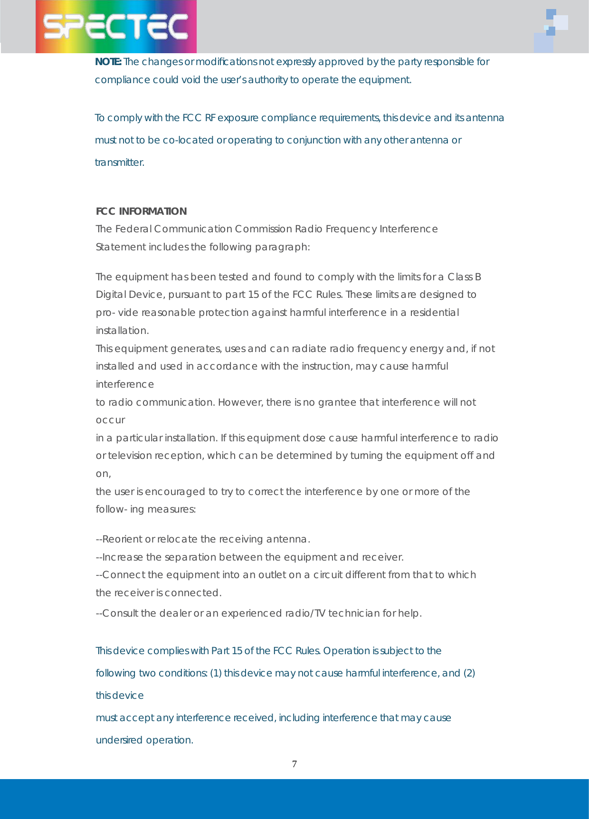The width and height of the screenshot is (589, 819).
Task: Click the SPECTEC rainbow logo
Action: pyautogui.click(x=116, y=27)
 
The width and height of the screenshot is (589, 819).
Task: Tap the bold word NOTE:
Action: pyautogui.click(x=108, y=62)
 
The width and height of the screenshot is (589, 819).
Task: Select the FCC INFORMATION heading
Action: pyautogui.click(x=141, y=211)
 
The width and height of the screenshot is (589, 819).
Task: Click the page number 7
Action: pyautogui.click(x=294, y=764)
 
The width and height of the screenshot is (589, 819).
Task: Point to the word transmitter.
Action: pyautogui.click(x=120, y=162)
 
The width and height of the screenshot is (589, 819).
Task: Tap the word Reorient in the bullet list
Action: pyautogui.click(x=122, y=539)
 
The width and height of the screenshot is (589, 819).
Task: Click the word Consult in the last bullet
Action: pyautogui.click(x=120, y=613)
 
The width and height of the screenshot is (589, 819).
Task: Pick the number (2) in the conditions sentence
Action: pyautogui.click(x=469, y=673)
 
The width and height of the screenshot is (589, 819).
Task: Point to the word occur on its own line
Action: pyautogui.click(x=110, y=420)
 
